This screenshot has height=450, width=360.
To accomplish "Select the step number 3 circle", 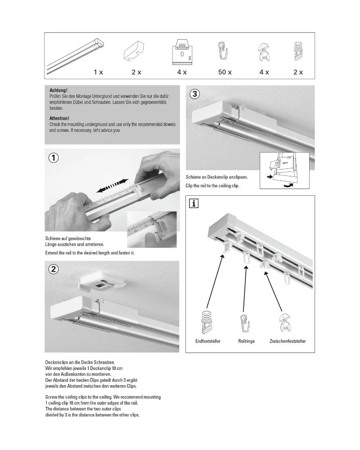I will point(194,94).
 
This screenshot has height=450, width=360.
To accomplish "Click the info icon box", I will point(194,204).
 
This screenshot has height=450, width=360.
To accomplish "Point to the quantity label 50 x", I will point(225,72).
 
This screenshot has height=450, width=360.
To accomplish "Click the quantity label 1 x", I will point(98,72).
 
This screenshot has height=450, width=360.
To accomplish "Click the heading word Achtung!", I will point(58,90).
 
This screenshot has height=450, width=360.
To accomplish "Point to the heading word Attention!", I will point(59,118).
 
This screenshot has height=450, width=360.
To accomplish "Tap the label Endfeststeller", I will point(208,342).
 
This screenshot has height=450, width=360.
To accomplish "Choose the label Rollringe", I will point(246,342).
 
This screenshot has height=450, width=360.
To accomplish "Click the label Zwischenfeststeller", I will point(288,342).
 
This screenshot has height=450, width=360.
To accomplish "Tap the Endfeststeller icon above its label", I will point(207,322).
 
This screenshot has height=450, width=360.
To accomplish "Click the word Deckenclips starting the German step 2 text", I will point(58,362).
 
